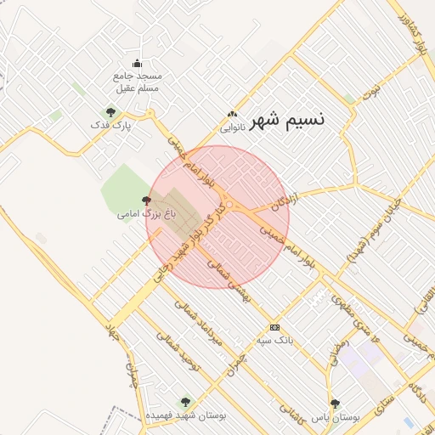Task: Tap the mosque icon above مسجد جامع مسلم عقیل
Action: [x=137, y=63]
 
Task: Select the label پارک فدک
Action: [x=107, y=126]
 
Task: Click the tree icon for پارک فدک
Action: [x=109, y=111]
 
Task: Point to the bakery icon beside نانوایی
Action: [x=232, y=116]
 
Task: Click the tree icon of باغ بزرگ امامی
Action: [x=148, y=201]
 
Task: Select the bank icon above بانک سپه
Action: [x=274, y=327]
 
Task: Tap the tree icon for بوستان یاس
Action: [x=335, y=404]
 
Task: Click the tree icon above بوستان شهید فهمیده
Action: [x=184, y=401]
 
